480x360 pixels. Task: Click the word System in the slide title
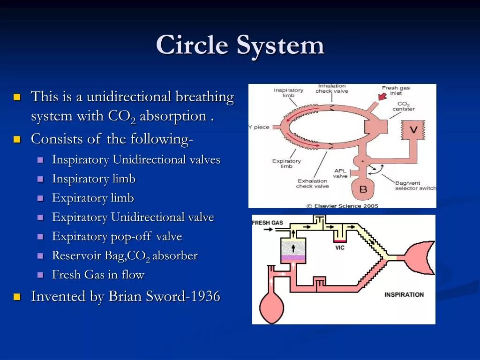click(x=280, y=45)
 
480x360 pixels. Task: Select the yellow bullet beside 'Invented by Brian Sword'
click(x=17, y=297)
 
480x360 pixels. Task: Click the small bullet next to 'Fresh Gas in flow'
click(x=41, y=275)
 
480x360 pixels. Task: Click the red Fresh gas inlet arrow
click(x=382, y=96)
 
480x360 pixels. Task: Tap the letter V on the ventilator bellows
click(x=413, y=130)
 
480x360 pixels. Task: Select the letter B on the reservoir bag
click(x=363, y=189)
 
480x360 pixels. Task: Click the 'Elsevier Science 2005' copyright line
click(x=342, y=205)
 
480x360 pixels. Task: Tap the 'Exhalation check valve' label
click(x=312, y=183)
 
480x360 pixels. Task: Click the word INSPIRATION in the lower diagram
click(x=404, y=294)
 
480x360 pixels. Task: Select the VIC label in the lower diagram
click(x=340, y=247)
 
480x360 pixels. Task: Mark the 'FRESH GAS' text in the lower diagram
click(x=268, y=223)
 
